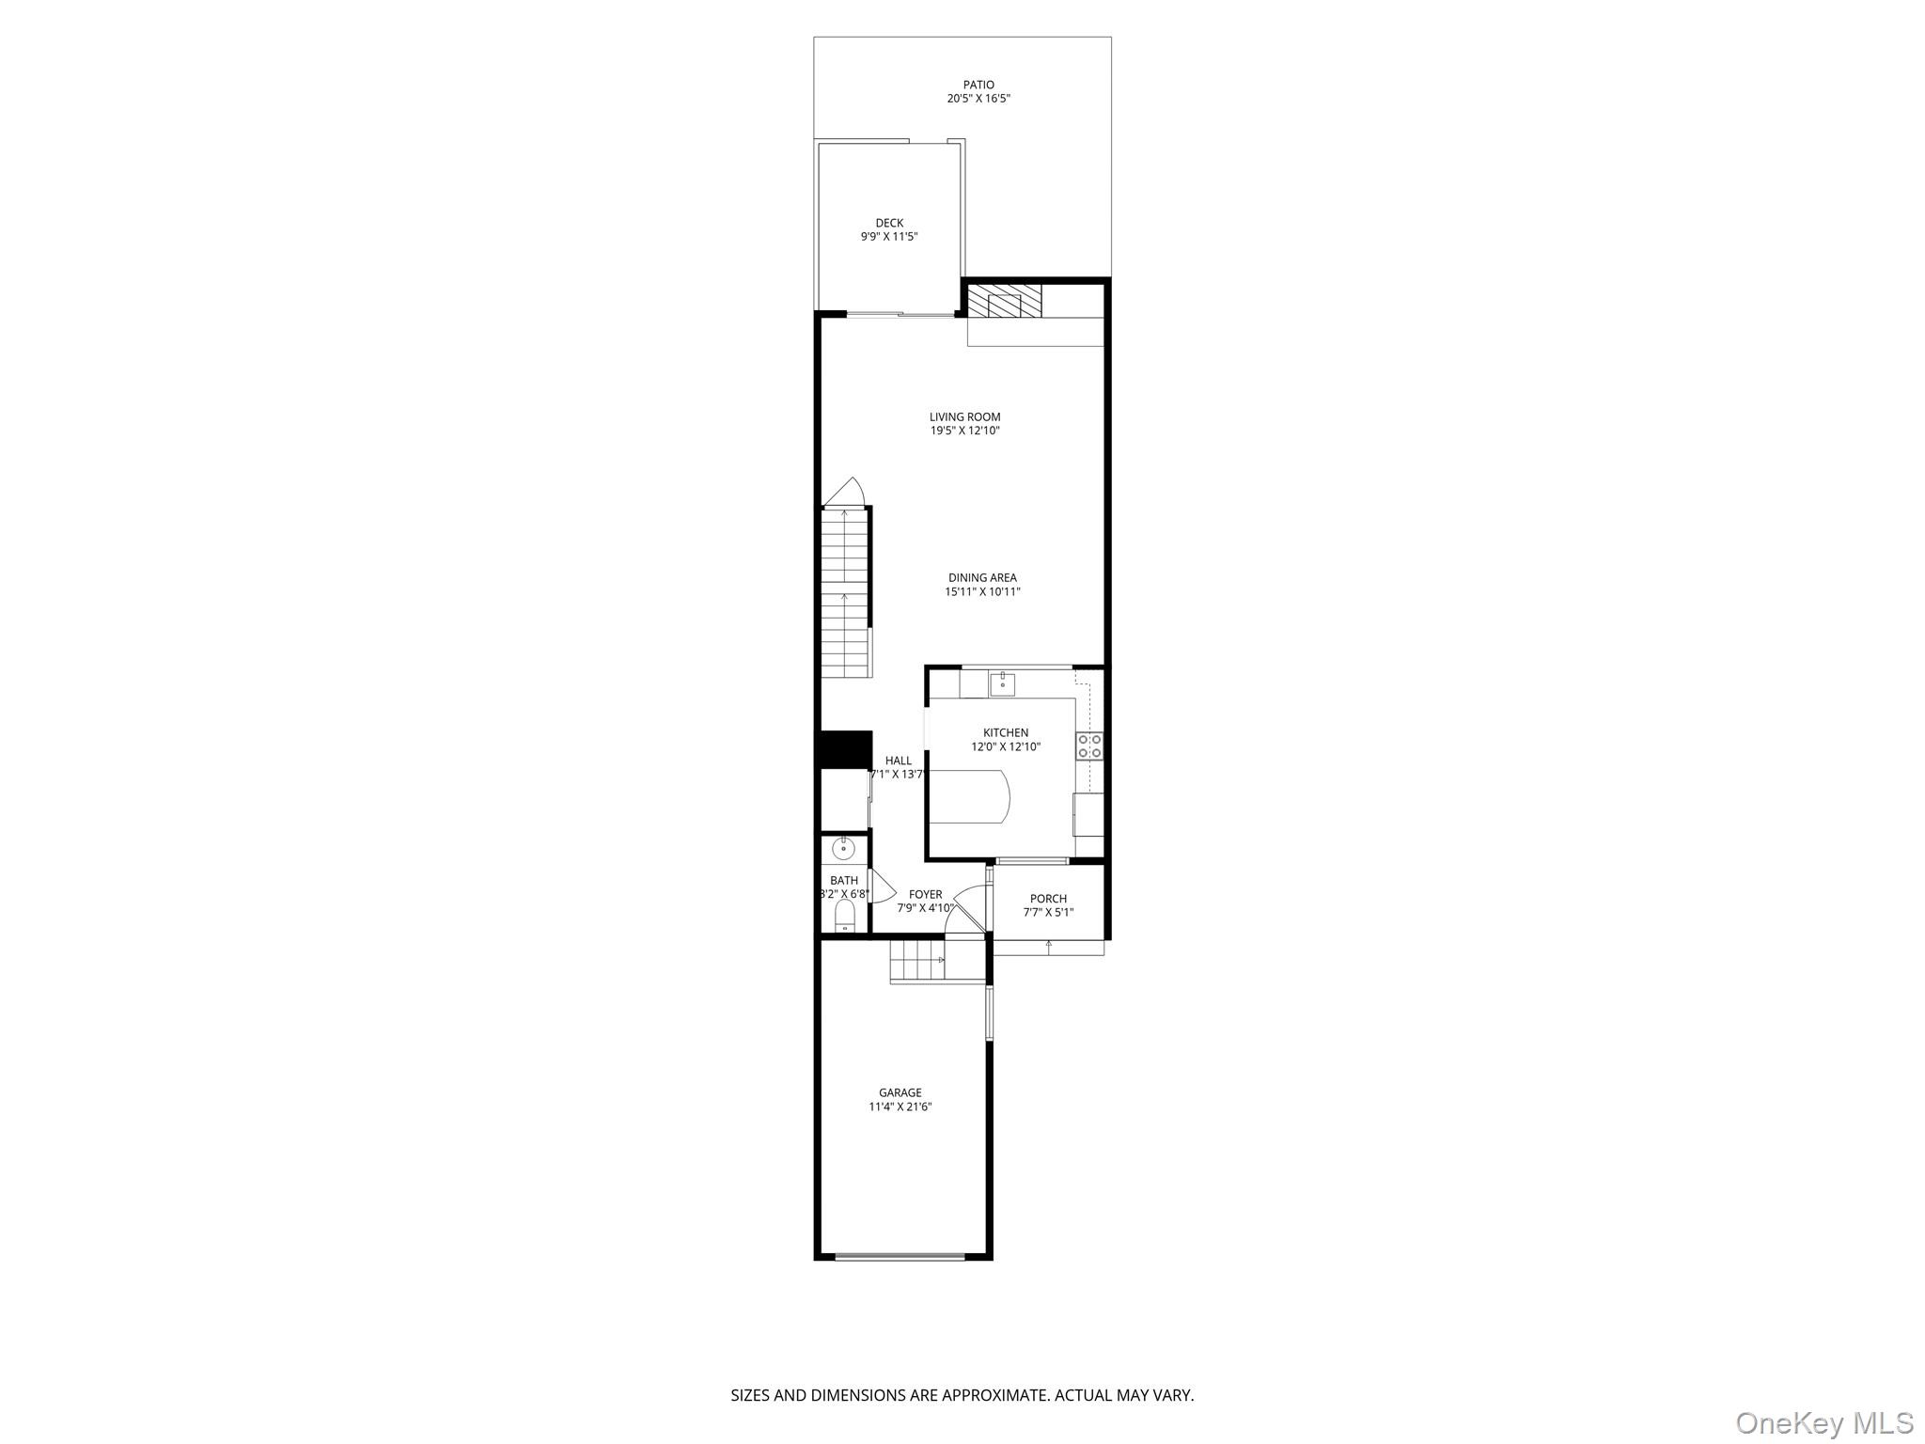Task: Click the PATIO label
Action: (978, 85)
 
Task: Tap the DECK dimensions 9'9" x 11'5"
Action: (889, 237)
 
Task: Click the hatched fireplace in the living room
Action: (1005, 301)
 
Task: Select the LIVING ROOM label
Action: (964, 416)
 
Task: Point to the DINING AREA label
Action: (982, 578)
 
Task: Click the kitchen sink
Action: (1002, 683)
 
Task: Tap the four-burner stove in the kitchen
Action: (1089, 746)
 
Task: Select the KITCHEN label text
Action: (1006, 732)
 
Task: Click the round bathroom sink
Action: (844, 849)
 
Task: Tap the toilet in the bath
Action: (845, 916)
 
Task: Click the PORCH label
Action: (1048, 899)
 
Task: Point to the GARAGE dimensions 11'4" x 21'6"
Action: (900, 1107)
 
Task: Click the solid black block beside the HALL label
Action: (844, 749)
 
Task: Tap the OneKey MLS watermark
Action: (1823, 1422)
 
